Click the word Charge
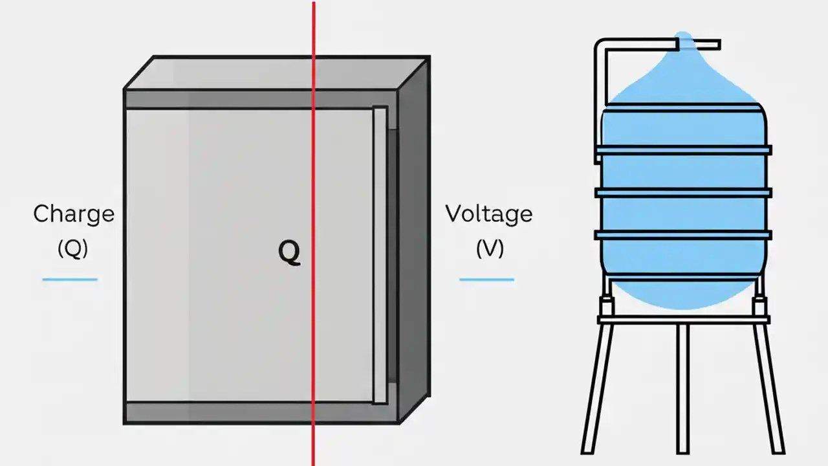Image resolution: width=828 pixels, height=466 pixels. coord(74,214)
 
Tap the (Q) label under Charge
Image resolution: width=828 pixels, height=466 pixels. coord(72,249)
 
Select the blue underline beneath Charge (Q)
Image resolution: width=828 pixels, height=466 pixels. coord(70,280)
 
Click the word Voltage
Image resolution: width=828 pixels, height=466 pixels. coord(488,214)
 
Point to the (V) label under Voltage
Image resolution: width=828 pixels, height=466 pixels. coord(490,249)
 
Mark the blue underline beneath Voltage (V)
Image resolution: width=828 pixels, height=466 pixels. coord(486,280)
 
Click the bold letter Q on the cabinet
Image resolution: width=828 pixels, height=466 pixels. coord(289,254)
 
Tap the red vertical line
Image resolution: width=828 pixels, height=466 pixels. coord(314,162)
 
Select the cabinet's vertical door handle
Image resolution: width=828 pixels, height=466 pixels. coord(380,256)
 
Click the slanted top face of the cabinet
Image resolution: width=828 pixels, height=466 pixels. coord(272,72)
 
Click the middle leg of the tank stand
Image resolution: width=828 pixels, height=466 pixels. coord(682,388)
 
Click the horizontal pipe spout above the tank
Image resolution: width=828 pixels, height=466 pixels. coord(699,45)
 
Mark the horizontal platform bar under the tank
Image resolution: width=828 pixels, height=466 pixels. coord(683,319)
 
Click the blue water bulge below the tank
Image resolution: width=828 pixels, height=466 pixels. coord(683,294)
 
